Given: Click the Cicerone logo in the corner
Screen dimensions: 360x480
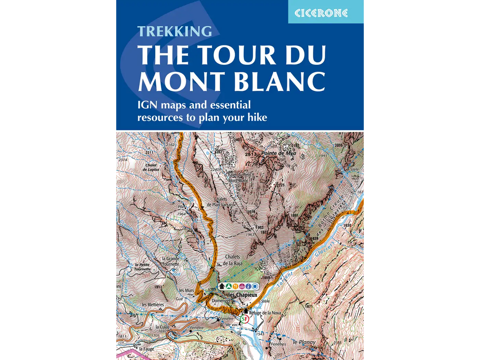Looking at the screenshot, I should [321, 13].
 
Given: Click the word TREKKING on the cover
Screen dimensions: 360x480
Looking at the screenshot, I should [174, 31].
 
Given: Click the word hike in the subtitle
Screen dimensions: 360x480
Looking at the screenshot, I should [256, 117].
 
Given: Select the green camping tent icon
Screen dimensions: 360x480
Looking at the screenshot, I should [228, 286].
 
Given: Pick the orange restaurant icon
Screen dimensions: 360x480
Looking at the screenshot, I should [235, 286].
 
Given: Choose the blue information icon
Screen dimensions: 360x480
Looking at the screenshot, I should [248, 286].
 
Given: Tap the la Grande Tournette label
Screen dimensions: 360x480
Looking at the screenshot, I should [170, 261].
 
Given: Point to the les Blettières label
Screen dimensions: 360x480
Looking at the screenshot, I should [153, 304].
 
